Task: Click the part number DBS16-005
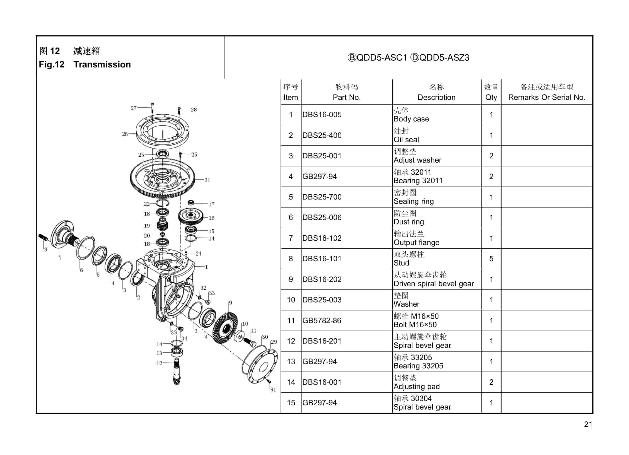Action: point(322,115)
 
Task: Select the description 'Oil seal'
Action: point(406,139)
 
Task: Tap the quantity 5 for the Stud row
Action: point(491,259)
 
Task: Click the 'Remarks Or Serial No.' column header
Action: point(546,97)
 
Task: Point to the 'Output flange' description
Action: point(416,242)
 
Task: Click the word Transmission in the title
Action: point(102,64)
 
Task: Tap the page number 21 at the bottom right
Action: point(588,424)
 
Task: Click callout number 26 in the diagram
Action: point(125,134)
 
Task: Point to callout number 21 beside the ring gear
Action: point(207,180)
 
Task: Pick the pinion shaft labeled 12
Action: point(177,372)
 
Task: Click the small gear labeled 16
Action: point(191,216)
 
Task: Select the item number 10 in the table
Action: point(291,300)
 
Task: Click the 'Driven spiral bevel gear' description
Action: point(434,284)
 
